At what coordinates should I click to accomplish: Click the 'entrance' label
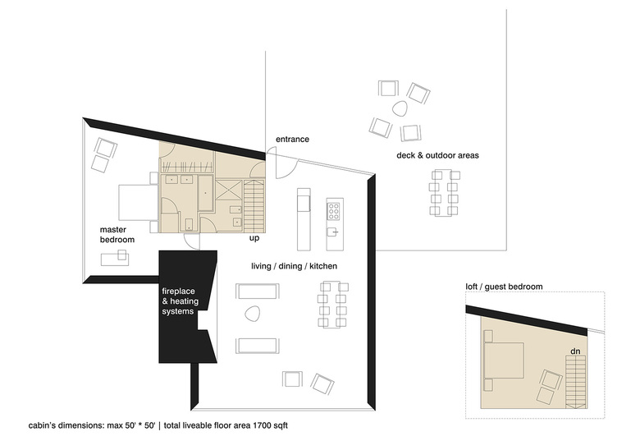[x=292, y=140]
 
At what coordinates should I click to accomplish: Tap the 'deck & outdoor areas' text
[x=437, y=155]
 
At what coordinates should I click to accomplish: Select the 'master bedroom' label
[x=117, y=235]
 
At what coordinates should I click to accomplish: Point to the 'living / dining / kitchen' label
[x=295, y=266]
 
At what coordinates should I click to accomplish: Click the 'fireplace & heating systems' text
[x=181, y=301]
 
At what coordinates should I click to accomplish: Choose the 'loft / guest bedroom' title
[x=504, y=287]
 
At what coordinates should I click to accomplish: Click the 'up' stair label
[x=254, y=238]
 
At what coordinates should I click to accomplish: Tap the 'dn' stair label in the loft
[x=575, y=351]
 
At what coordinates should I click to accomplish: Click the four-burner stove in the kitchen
[x=334, y=211]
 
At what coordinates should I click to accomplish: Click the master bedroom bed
[x=138, y=202]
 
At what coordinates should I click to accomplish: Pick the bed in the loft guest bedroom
[x=504, y=360]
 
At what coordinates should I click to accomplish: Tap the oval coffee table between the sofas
[x=252, y=314]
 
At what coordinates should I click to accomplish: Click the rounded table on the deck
[x=400, y=108]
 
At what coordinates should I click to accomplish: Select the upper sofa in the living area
[x=258, y=291]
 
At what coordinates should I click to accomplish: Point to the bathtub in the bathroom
[x=206, y=193]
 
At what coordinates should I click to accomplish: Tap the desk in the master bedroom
[x=115, y=259]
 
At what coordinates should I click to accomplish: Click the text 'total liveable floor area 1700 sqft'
[x=226, y=425]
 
